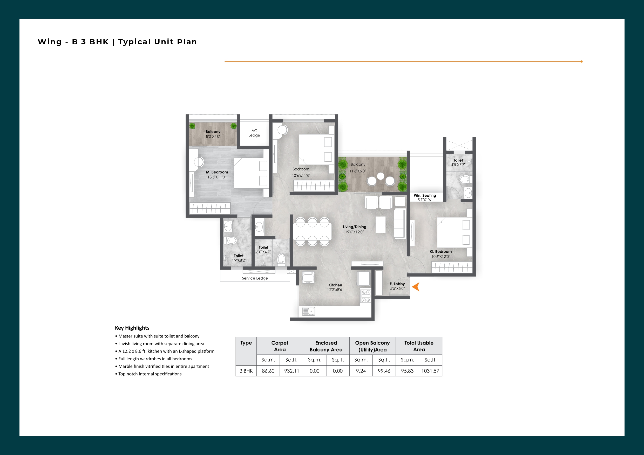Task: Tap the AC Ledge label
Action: [254, 133]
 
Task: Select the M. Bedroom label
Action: [217, 172]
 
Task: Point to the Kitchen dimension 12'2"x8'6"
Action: [335, 290]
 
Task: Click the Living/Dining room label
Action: [355, 227]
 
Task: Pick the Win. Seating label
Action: [425, 195]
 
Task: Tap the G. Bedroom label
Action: [441, 251]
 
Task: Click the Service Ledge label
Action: [255, 278]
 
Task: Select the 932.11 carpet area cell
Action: [292, 371]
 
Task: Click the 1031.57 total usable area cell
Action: [430, 371]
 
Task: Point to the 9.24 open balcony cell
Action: [361, 371]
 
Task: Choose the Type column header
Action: [246, 343]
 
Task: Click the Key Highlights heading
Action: [132, 328]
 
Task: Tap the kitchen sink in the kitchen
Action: [309, 311]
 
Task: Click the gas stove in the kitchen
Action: [365, 296]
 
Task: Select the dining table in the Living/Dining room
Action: [312, 232]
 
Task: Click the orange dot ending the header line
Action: [581, 61]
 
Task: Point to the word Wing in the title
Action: [50, 42]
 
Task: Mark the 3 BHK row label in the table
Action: [246, 371]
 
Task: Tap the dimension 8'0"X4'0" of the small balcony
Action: [213, 136]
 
